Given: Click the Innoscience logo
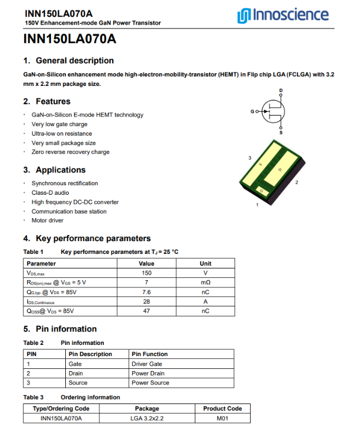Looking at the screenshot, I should coord(283,15).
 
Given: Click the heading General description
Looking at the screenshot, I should coord(74,61).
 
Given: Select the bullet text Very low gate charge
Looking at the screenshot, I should coord(59,124).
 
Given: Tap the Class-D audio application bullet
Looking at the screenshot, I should coord(50,193).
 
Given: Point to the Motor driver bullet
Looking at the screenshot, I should coord(47,220).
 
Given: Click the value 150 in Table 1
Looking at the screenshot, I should coord(146,273).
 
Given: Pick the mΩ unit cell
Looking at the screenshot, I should coord(205,282).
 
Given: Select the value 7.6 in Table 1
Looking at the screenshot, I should coord(146,292).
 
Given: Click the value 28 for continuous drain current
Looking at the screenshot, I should coord(146,301).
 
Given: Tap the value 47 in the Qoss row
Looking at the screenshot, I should coord(146,311).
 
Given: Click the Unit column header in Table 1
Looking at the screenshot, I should coord(205,263).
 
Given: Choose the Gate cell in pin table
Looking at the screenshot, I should coord(75,364).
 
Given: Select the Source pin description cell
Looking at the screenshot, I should coord(78,383).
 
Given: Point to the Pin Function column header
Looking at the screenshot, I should coord(150,354).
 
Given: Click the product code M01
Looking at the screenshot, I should coord(222,418).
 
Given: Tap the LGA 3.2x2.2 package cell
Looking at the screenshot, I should coord(147,418).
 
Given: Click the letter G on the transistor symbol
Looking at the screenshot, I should coord(252,112).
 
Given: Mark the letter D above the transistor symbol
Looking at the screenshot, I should coord(281,90).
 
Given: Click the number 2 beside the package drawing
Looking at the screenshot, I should coord(296,182).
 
